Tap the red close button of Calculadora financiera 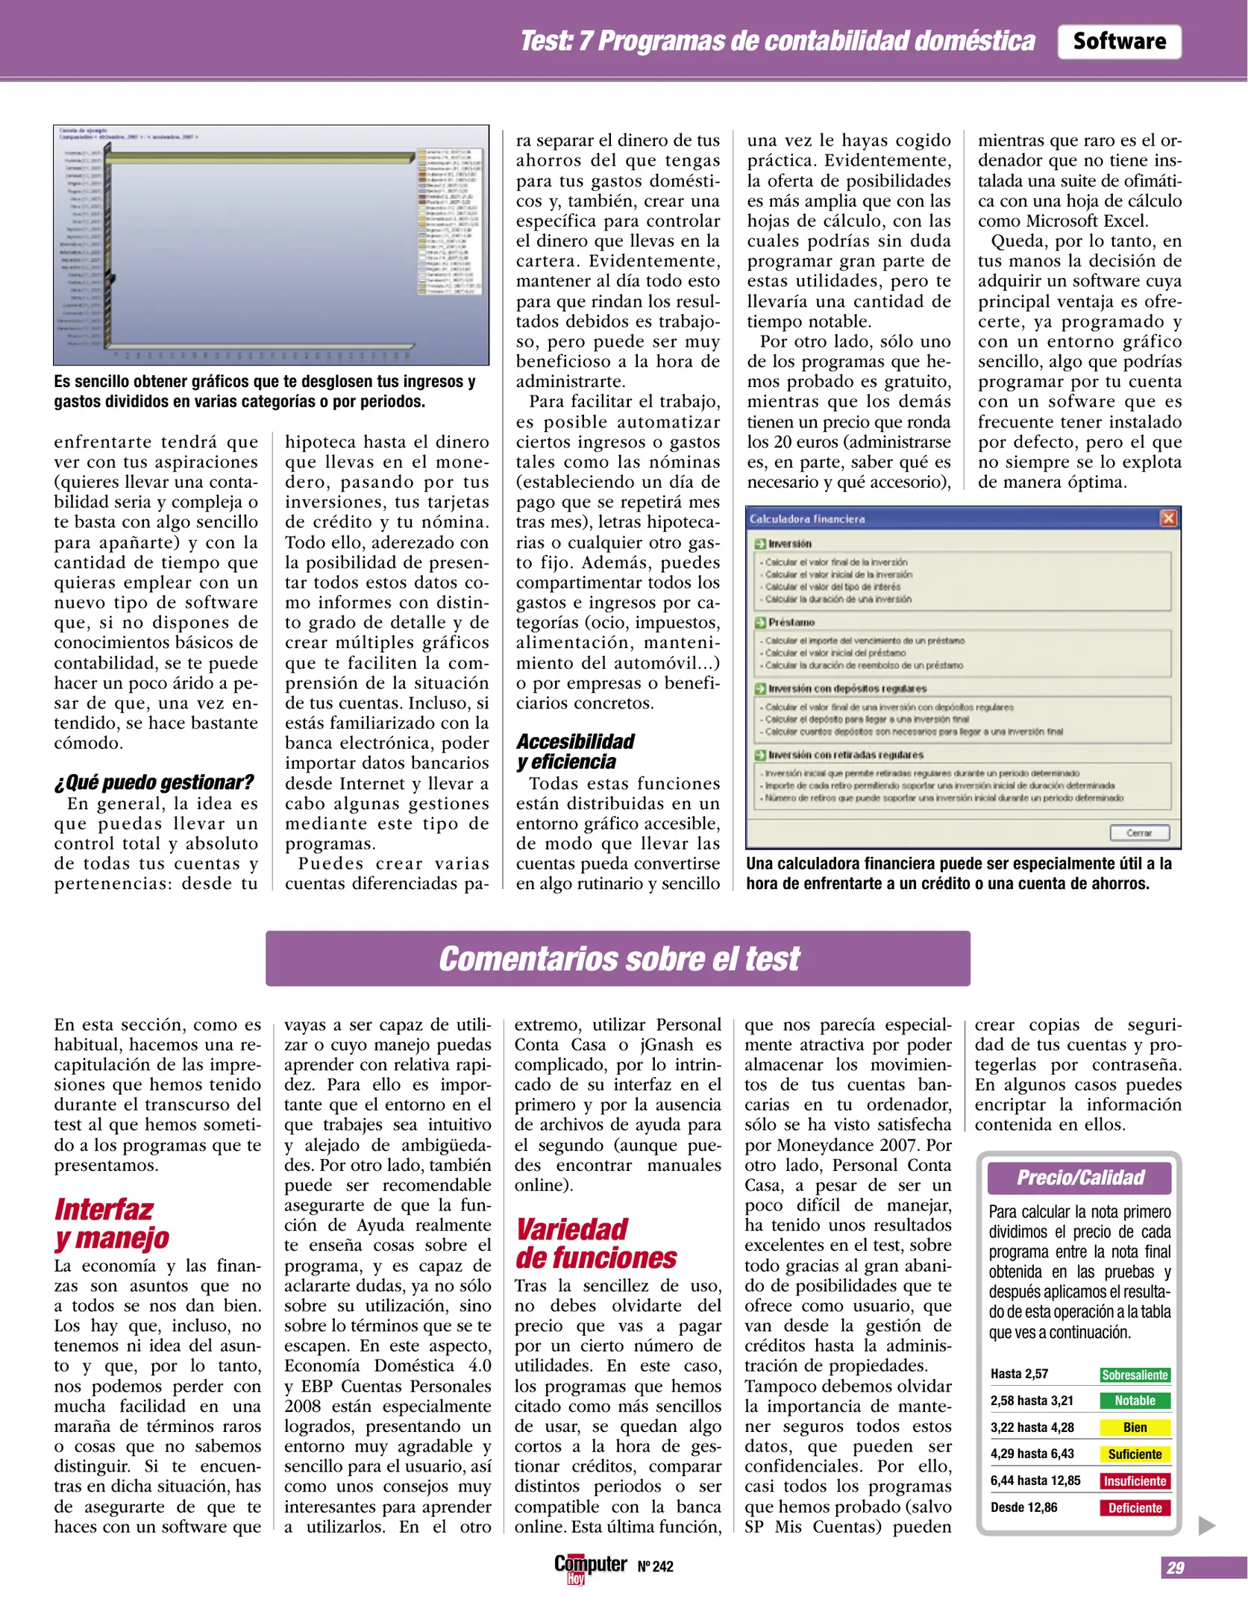[x=1167, y=518]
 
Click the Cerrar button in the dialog [x=1138, y=832]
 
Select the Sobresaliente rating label [x=1134, y=1375]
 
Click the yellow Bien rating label [x=1134, y=1428]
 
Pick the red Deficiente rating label [x=1134, y=1507]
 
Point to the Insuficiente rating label [x=1134, y=1480]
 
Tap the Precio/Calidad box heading [x=1079, y=1178]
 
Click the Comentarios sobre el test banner [x=618, y=958]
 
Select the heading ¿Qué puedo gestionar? [x=154, y=782]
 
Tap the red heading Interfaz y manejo [x=111, y=1223]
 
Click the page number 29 [x=1175, y=1567]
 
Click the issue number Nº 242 [x=655, y=1567]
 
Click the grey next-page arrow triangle [x=1205, y=1525]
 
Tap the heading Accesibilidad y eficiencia [x=574, y=751]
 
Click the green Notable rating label [x=1134, y=1401]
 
